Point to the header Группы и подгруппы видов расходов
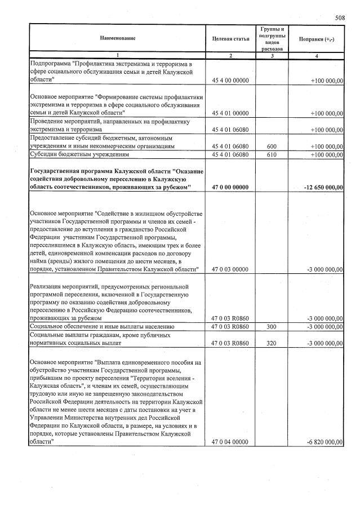(x=272, y=38)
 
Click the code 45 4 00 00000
(x=230, y=81)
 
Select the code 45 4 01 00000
(x=230, y=113)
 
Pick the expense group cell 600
(x=272, y=146)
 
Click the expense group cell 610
(x=272, y=154)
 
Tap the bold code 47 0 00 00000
(x=230, y=187)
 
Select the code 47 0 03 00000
(x=230, y=269)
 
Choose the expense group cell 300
(x=272, y=327)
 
